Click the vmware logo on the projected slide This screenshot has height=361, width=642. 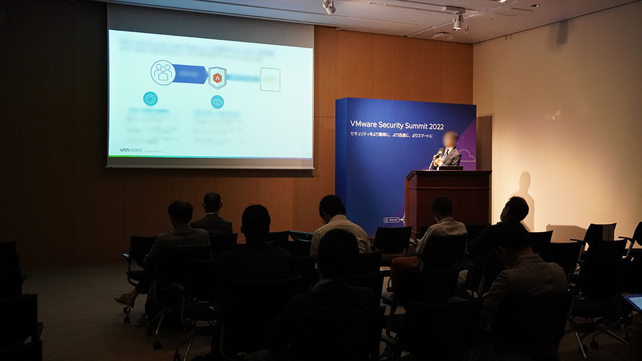tap(130, 150)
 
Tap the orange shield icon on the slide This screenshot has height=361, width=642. tap(217, 78)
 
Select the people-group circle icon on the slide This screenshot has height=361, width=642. tap(163, 73)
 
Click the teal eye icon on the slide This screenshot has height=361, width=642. tap(217, 102)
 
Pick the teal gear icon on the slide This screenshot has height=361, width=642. tap(150, 99)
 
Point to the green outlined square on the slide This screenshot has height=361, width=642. tap(270, 80)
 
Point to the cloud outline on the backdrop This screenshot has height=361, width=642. tap(467, 157)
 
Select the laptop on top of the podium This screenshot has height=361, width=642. tap(450, 168)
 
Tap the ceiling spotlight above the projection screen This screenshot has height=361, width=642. tap(329, 7)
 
